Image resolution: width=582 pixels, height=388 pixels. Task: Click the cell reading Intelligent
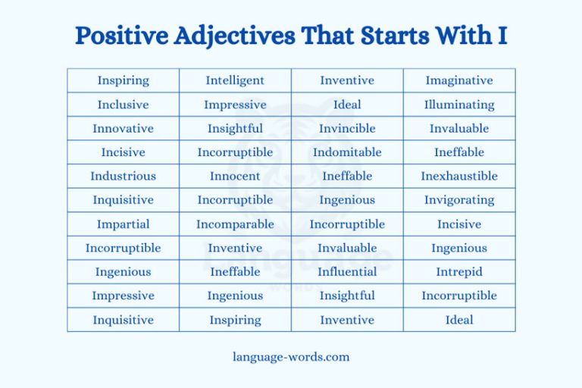coord(235,80)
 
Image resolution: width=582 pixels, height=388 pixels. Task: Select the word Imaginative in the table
coord(458,80)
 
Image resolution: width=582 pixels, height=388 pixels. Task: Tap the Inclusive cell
coord(123,105)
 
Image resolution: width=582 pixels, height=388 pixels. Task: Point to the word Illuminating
coord(458,105)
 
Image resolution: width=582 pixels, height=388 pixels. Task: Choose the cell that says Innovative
coord(123,128)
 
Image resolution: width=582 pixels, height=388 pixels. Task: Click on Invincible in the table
coord(347,128)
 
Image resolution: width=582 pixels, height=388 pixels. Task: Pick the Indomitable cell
coord(347,152)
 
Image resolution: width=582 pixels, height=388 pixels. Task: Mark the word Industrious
coord(123,176)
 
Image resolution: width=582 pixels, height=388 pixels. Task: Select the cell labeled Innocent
coord(235,176)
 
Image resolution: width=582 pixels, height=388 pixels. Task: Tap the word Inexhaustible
coord(458,176)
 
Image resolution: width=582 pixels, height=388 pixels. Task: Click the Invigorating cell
coord(458,200)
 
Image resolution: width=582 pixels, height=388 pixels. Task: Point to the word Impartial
coord(123,224)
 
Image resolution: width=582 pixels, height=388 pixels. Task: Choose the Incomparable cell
coord(235,224)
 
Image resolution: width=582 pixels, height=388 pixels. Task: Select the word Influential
coord(347,271)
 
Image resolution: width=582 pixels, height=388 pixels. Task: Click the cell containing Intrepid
coord(458,271)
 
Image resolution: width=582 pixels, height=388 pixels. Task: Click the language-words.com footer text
coord(291,356)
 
